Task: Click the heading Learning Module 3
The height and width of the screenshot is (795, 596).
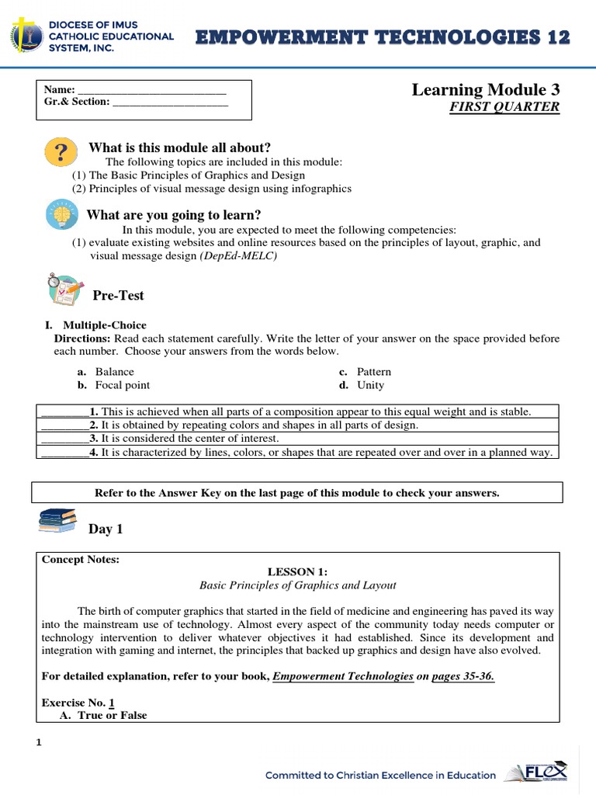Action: [485, 90]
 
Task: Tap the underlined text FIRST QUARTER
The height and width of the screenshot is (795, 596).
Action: [504, 107]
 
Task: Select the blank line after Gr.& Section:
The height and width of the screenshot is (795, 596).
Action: [170, 102]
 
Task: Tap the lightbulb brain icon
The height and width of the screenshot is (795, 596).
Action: [61, 214]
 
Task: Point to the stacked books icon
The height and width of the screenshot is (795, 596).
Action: [58, 521]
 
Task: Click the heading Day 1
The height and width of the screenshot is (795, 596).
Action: [106, 529]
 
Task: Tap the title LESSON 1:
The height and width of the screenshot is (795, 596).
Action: [298, 571]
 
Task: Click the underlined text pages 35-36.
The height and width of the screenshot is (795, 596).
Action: [463, 677]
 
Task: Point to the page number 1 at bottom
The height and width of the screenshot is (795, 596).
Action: [39, 743]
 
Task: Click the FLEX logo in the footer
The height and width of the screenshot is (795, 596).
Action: [537, 772]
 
